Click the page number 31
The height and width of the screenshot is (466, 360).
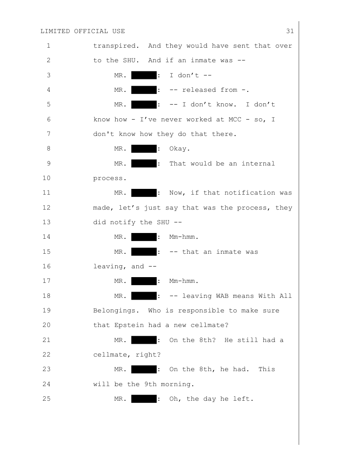click(x=290, y=31)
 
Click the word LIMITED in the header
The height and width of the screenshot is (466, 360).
click(x=55, y=31)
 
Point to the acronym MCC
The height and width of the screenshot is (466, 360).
click(x=235, y=120)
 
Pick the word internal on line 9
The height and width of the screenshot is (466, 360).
click(x=258, y=164)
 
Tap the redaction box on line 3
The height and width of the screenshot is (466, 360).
click(x=144, y=75)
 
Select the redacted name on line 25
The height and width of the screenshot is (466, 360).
click(x=144, y=399)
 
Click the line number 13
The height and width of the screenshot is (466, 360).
click(x=47, y=222)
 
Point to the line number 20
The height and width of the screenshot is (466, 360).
click(x=47, y=325)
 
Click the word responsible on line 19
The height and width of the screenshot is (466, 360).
click(x=201, y=311)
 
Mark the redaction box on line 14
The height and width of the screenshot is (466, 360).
click(x=144, y=237)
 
